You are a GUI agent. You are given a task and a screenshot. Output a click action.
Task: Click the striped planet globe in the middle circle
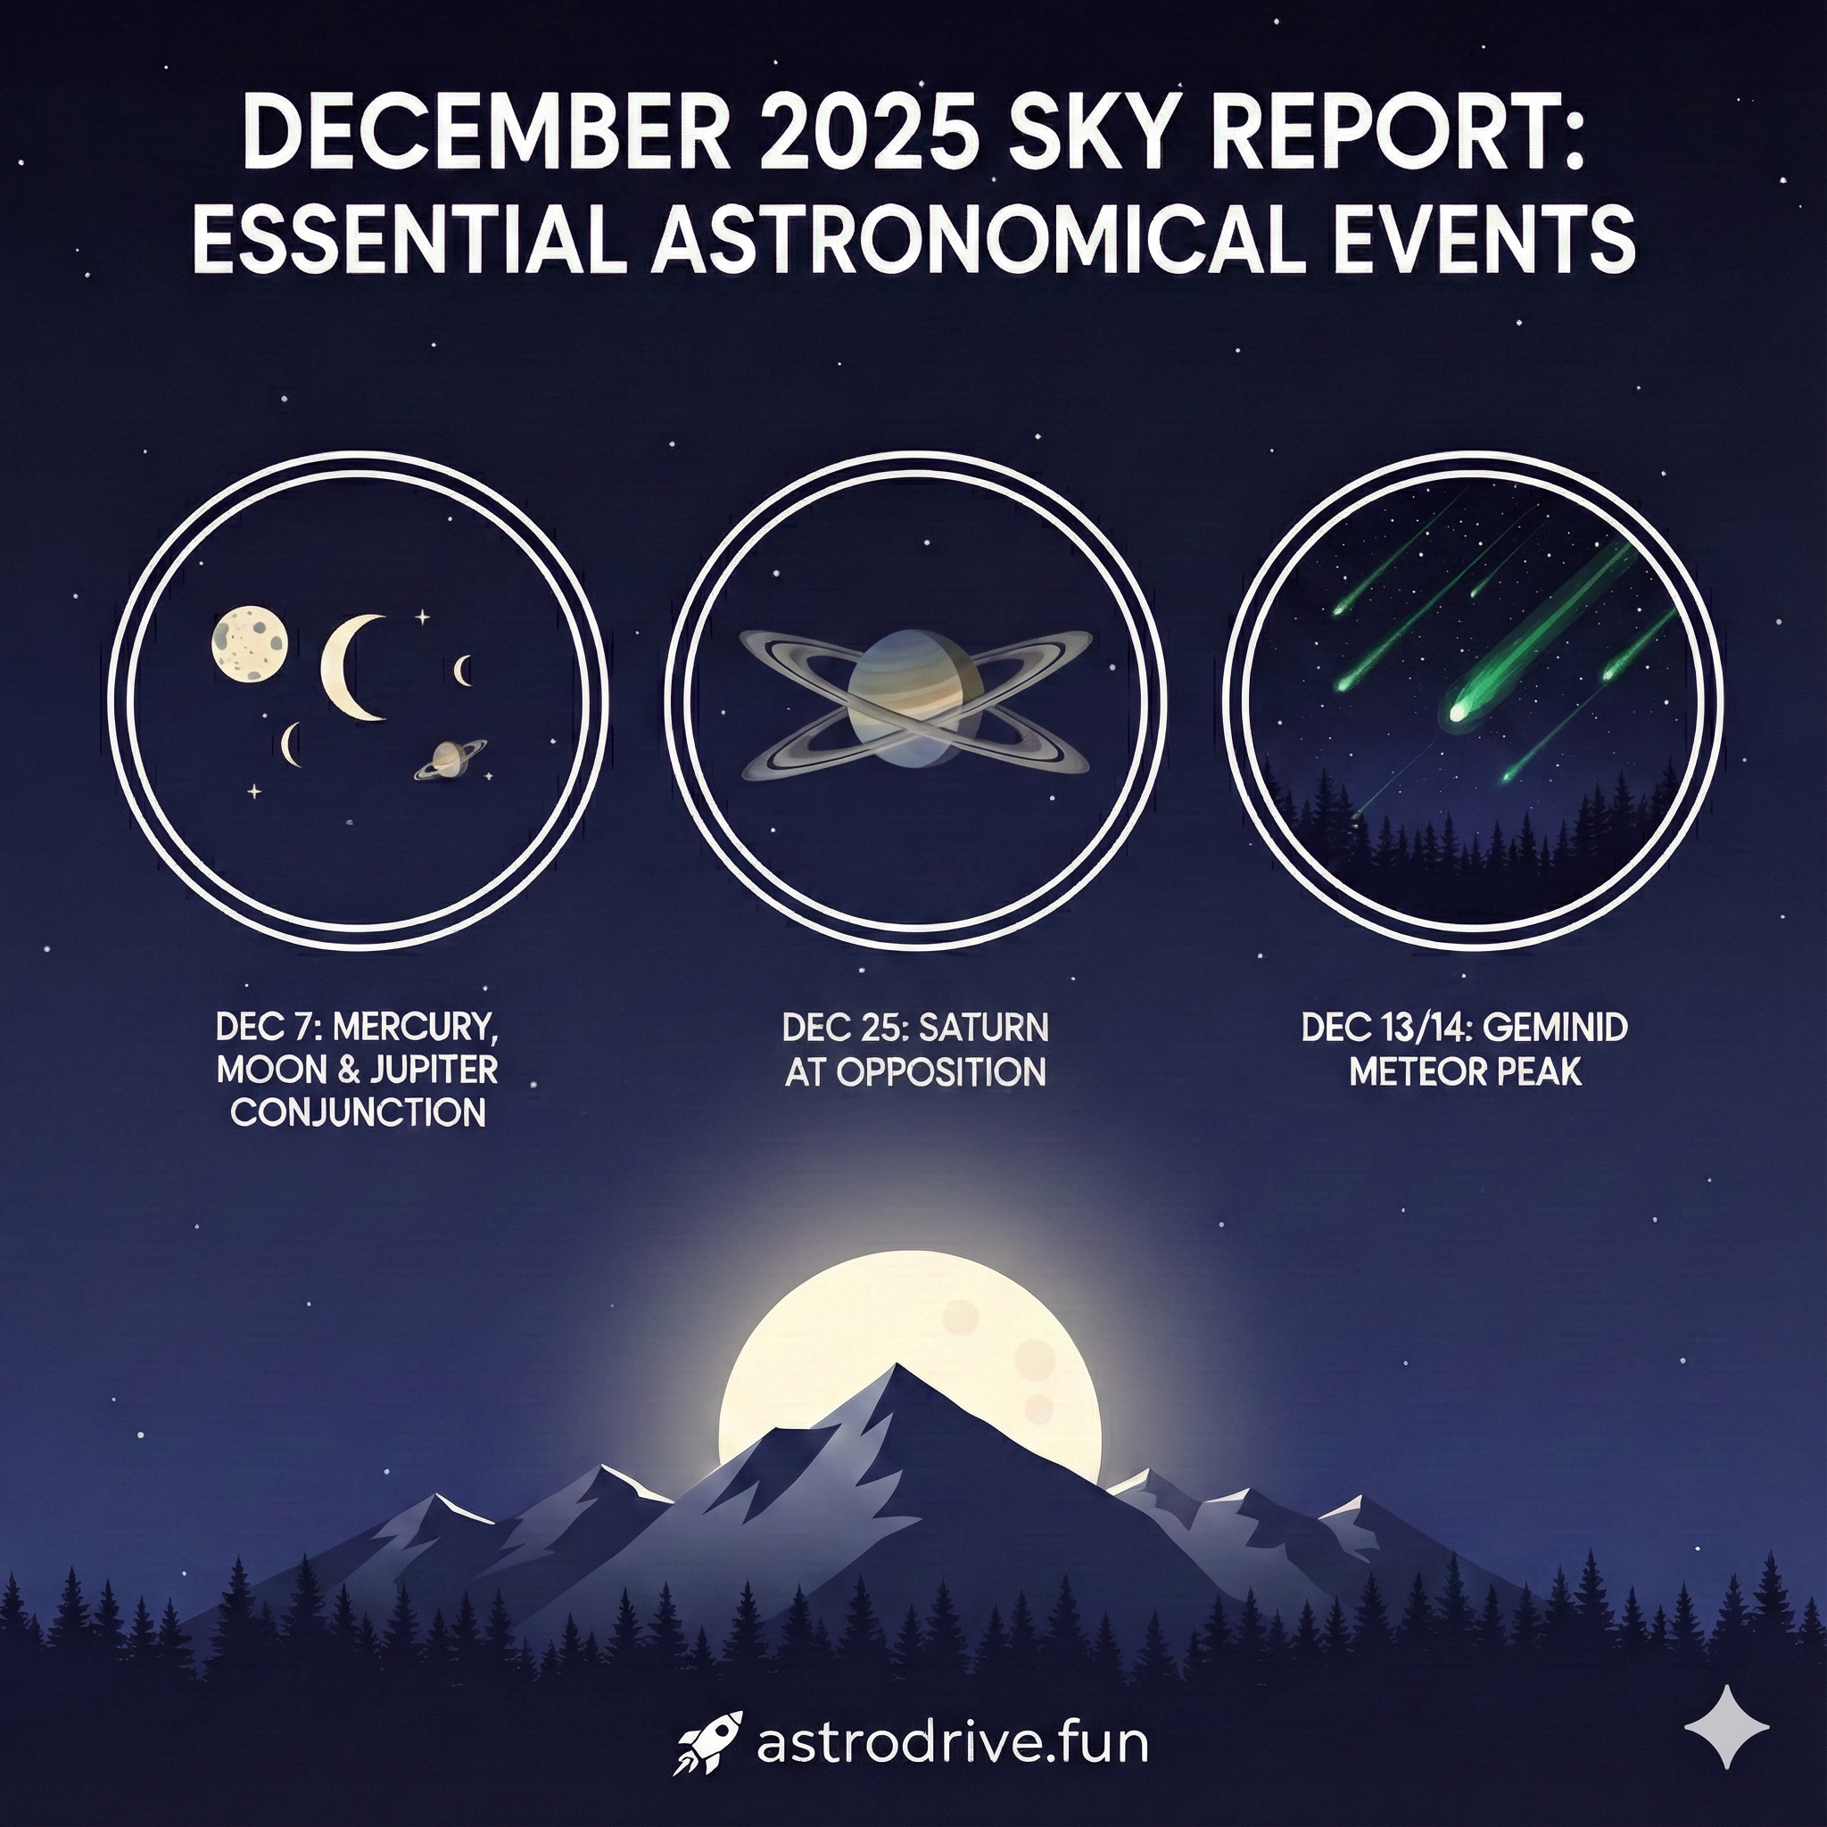pos(906,698)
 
